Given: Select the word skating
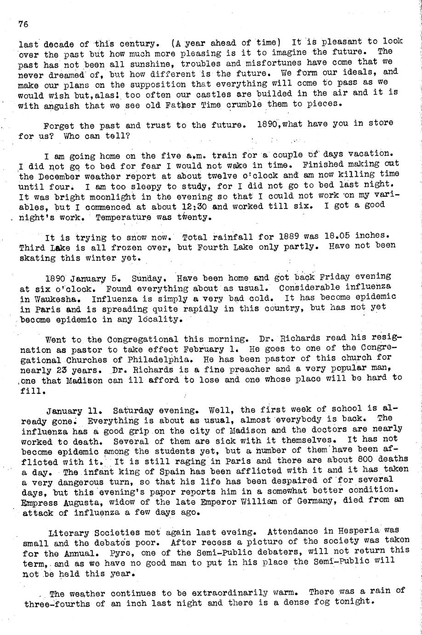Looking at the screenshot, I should coord(39,258).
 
